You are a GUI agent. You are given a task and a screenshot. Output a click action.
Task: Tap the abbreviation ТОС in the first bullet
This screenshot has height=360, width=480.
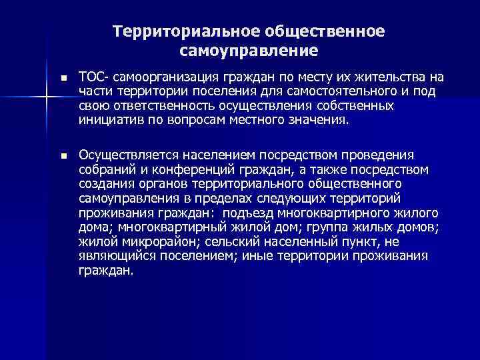(x=89, y=78)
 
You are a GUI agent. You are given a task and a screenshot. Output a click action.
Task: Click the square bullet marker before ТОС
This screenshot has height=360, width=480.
(x=63, y=79)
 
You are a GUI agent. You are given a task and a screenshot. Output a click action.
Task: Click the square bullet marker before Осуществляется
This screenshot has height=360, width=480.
(x=63, y=156)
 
